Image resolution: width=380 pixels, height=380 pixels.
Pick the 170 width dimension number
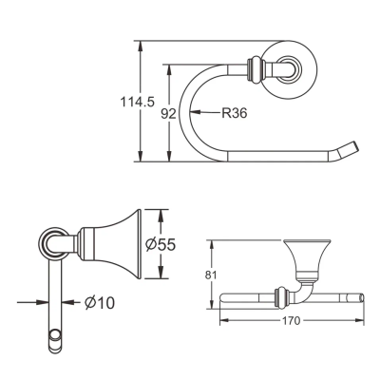tap(293, 321)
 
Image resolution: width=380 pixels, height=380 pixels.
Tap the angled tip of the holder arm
tap(352, 150)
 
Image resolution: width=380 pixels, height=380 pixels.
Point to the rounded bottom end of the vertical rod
tap(55, 335)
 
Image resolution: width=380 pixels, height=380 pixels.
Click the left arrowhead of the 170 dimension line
tap(224, 321)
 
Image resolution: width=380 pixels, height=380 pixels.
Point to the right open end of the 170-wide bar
tap(364, 296)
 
